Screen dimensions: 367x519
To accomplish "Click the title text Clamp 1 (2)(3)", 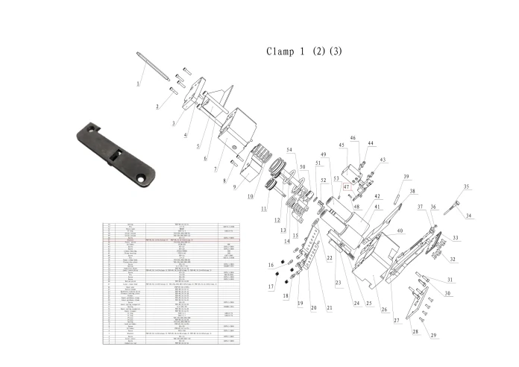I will click(x=304, y=51).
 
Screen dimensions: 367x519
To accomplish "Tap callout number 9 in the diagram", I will click(x=235, y=187).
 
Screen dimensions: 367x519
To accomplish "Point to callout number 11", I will click(x=263, y=209).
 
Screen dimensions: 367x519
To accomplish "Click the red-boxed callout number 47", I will click(x=346, y=187).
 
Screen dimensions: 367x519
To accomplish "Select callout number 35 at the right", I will click(x=466, y=186).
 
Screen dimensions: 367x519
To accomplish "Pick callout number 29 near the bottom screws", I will click(x=432, y=336).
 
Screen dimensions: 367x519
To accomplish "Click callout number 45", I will click(x=342, y=145).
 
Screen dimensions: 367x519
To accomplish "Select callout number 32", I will click(x=452, y=259).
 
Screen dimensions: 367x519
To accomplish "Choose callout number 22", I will click(x=329, y=257).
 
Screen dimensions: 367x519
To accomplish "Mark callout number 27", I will click(x=397, y=319).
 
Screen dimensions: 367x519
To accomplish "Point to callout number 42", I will click(x=377, y=196).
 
